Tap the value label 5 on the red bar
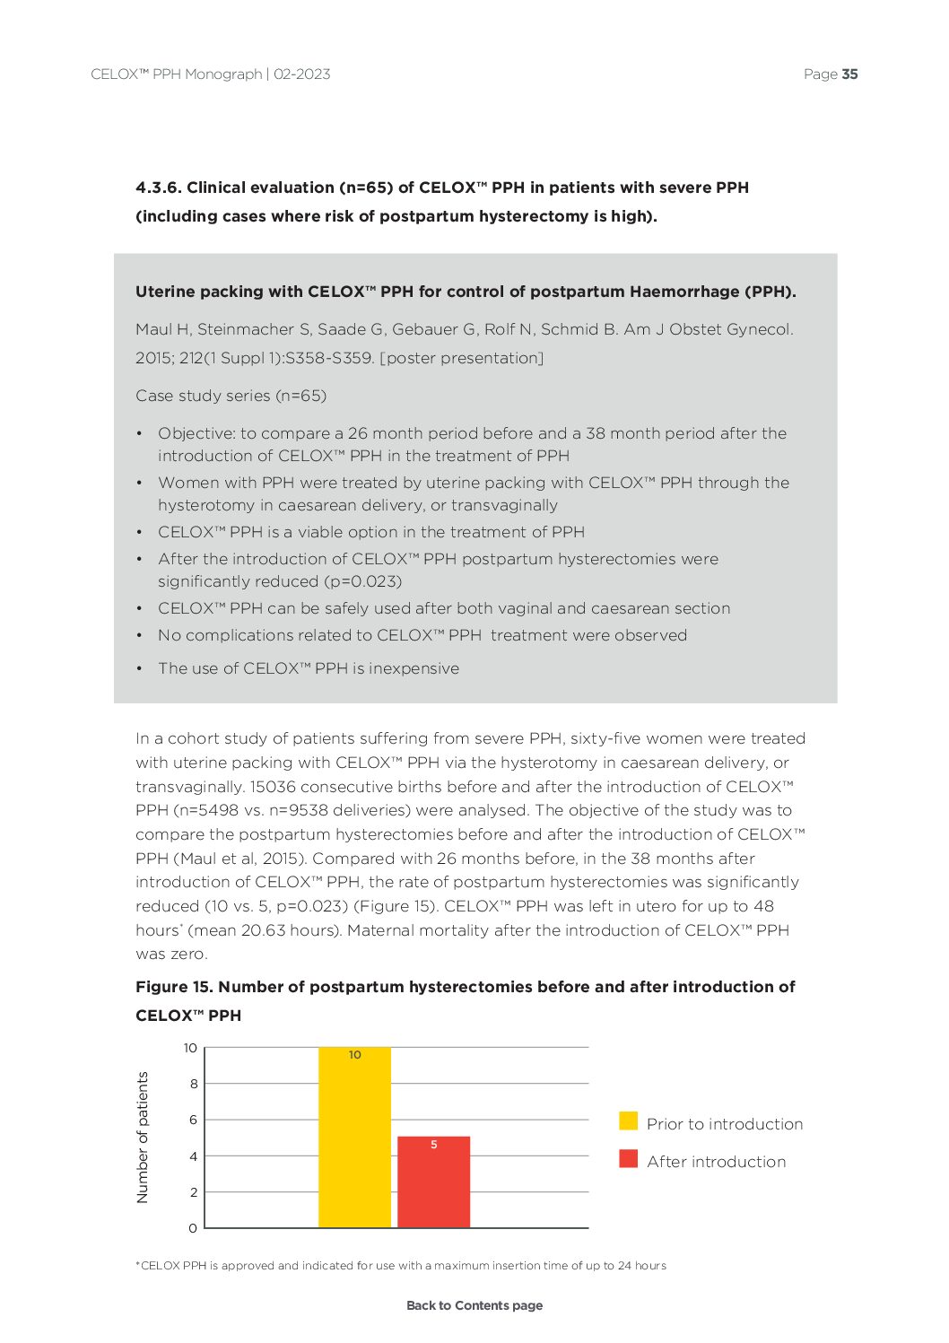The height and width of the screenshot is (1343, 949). coord(434,1145)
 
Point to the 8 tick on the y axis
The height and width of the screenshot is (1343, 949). coord(193,1084)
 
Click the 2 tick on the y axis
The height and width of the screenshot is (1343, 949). coord(193,1192)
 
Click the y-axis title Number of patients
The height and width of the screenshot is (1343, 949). coord(143,1138)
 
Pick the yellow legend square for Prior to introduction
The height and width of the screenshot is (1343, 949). coord(628,1121)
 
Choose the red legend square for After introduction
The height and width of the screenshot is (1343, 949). coord(628,1159)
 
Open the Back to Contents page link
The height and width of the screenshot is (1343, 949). coord(474,1305)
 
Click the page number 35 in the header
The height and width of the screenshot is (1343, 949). coord(849,74)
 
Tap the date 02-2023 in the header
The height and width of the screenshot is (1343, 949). coord(301,74)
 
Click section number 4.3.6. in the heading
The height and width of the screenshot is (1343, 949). coord(159,187)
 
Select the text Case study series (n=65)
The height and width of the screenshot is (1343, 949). coord(231,396)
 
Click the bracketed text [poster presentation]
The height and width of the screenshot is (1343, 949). coord(462,358)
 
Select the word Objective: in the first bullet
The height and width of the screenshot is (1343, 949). coord(196,433)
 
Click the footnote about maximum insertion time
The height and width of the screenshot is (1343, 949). coord(401,1266)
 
